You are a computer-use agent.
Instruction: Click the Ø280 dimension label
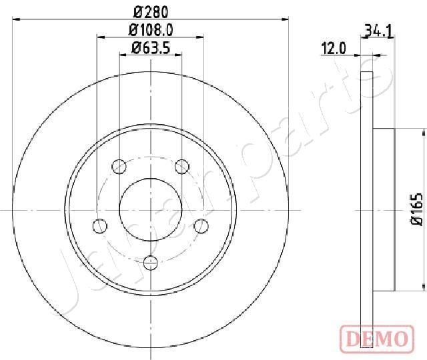coord(151,12)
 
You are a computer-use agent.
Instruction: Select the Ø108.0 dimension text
coord(151,30)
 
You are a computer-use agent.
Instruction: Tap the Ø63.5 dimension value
coord(151,48)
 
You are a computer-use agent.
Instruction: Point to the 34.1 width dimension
coord(378,31)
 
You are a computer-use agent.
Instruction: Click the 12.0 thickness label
coord(334,49)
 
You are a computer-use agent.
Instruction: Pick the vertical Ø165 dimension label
coord(416,209)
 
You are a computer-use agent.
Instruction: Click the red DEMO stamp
coord(377,339)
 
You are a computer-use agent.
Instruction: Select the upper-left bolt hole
coord(119,166)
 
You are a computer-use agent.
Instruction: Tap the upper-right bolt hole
coord(182,166)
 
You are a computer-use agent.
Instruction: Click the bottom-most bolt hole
coord(150,262)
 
